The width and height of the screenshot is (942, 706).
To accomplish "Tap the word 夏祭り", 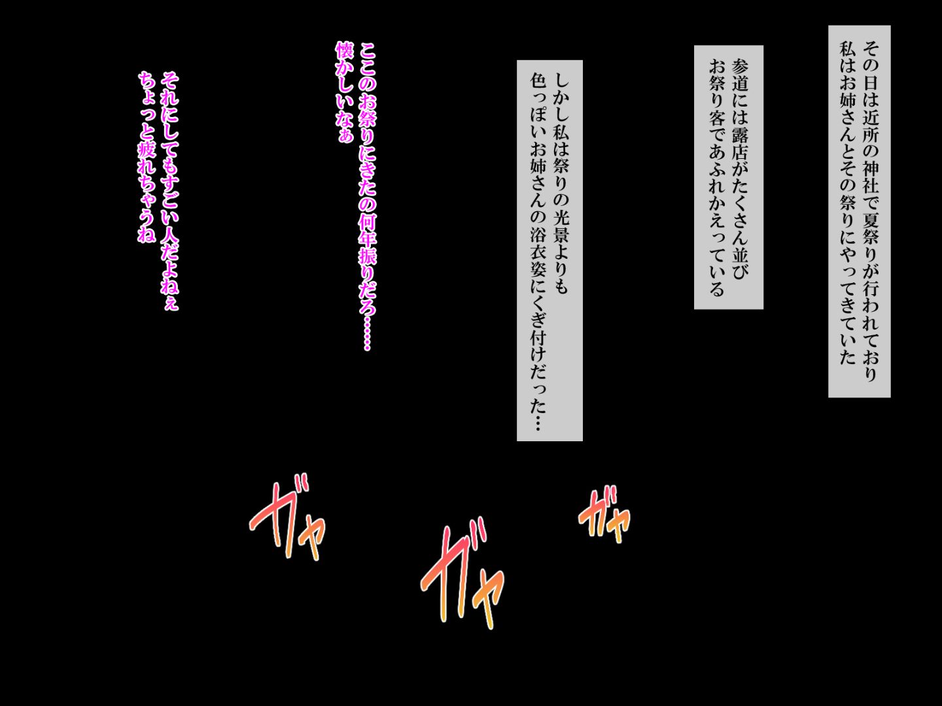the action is [x=871, y=239].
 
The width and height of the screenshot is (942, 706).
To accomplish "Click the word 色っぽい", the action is [x=538, y=115].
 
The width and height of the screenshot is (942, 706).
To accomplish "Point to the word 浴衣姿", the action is [x=538, y=253].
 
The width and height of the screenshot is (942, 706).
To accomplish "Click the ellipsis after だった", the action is [x=538, y=422].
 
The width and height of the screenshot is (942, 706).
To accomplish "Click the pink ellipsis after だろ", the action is [x=368, y=334].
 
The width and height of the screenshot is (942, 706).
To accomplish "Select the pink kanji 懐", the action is [x=345, y=50].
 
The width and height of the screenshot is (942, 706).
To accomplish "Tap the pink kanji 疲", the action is [x=147, y=150].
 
